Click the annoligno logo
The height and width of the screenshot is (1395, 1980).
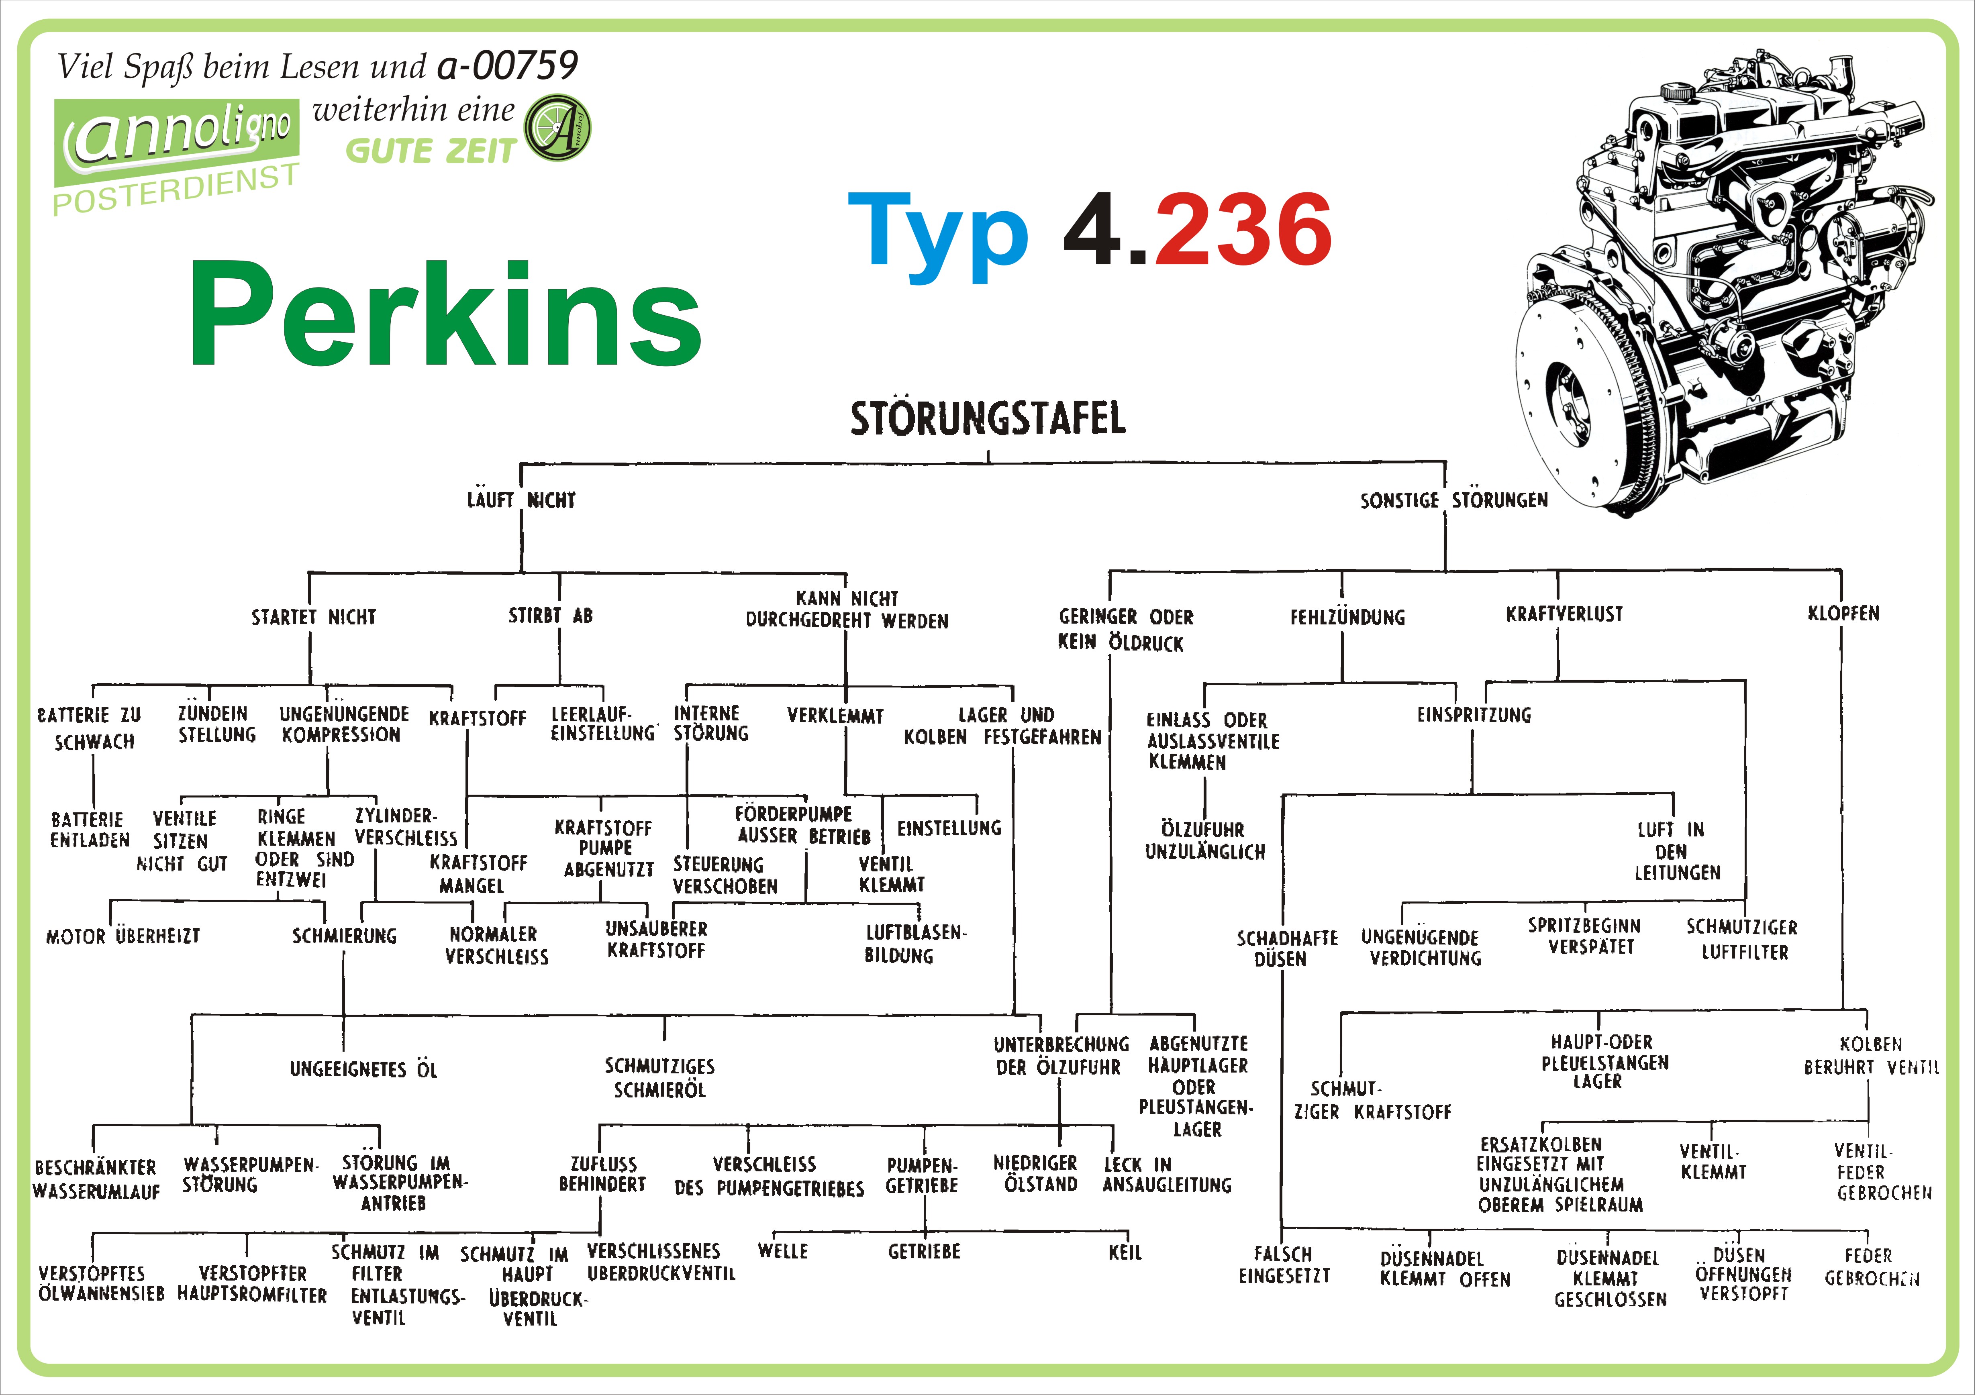pos(177,138)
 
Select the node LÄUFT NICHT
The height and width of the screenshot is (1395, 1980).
pos(521,500)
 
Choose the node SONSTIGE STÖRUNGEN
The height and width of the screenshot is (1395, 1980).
pos(1454,500)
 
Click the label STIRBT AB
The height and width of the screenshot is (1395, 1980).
pos(550,616)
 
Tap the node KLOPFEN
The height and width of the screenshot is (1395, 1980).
pos(1843,613)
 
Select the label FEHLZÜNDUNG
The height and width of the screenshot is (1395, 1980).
pos(1347,617)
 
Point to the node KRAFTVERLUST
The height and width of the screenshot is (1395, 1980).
pos(1564,614)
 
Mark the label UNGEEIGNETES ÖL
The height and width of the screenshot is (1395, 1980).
pos(363,1070)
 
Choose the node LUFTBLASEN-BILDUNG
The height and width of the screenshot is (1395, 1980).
pos(915,944)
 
